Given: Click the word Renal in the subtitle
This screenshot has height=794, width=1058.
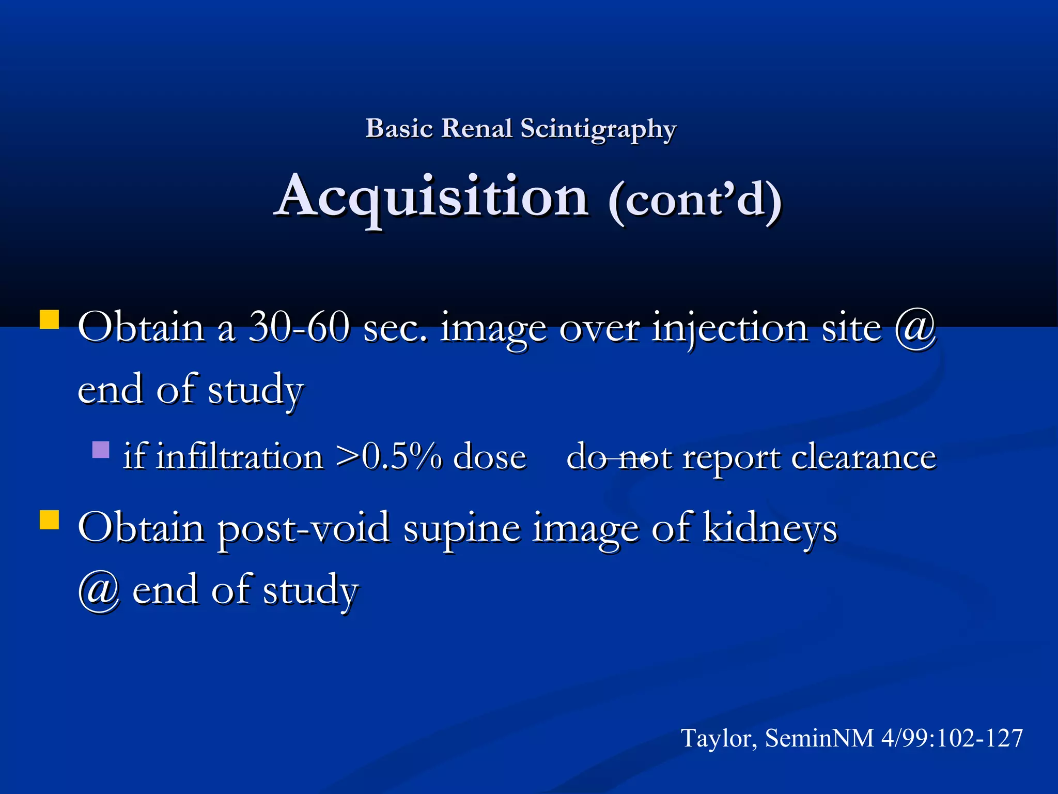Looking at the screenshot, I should point(476,128).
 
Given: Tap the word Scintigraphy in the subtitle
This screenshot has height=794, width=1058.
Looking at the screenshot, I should point(598,129).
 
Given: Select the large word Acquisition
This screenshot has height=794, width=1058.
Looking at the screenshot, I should point(432,197).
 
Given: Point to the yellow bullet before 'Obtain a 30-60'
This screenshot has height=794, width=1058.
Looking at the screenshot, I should point(50,319).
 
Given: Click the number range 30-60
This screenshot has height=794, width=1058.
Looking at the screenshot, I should point(299,328).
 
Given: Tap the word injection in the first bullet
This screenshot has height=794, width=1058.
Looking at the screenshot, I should point(729,329).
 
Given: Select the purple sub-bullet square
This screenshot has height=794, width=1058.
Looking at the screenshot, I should point(101,450).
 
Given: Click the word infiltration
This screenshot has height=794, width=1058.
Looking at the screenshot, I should point(239,457).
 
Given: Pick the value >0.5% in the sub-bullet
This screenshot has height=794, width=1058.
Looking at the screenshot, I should point(388,457).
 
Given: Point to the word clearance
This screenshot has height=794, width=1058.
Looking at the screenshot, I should point(863,457).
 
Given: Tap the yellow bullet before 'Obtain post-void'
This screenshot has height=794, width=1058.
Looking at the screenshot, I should point(50,520).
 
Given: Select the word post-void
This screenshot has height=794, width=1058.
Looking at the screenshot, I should point(303,528).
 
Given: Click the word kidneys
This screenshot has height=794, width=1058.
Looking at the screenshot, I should point(770,528).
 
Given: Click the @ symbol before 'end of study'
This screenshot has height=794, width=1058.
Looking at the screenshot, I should point(99,590).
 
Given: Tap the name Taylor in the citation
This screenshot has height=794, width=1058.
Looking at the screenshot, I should point(719,738).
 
